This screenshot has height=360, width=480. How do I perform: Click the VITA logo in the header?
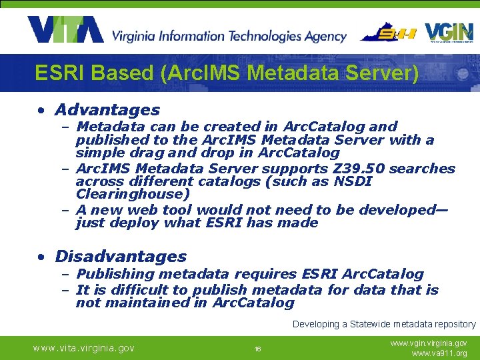pyautogui.click(x=65, y=29)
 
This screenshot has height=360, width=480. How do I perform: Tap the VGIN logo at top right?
pyautogui.click(x=449, y=33)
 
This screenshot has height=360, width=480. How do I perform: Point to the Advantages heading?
pyautogui.click(x=107, y=110)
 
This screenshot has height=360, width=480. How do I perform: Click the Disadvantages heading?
pyautogui.click(x=121, y=257)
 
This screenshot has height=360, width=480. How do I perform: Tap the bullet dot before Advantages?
pyautogui.click(x=42, y=111)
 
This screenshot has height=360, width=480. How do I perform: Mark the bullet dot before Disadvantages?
pyautogui.click(x=42, y=257)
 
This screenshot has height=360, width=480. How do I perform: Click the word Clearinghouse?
pyautogui.click(x=133, y=195)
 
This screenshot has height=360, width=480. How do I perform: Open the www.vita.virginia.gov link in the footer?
pyautogui.click(x=84, y=348)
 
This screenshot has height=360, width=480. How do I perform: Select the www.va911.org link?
pyautogui.click(x=440, y=353)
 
